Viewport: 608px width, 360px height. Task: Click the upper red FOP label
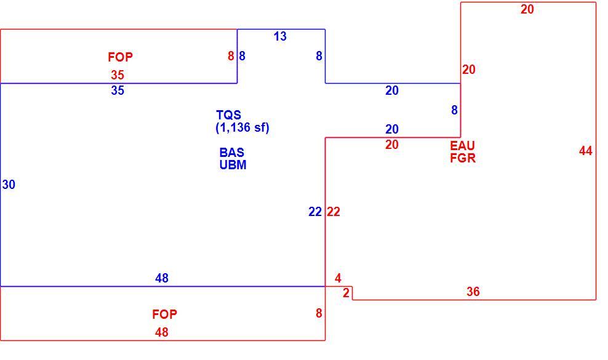[120, 57]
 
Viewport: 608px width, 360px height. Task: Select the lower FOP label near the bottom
[164, 314]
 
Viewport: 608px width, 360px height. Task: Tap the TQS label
[228, 115]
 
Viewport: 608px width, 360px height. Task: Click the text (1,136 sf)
[242, 127]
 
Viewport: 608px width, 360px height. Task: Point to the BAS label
[231, 152]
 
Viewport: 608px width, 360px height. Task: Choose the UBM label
[233, 165]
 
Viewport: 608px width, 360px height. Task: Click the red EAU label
[462, 145]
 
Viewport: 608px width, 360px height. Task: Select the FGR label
[463, 158]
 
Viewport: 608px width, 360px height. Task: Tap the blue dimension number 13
[280, 36]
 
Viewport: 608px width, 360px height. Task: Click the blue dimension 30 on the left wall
[9, 185]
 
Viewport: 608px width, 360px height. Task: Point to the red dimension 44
[585, 151]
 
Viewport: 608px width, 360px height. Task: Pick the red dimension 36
[473, 292]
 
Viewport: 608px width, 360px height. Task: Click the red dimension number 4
[338, 278]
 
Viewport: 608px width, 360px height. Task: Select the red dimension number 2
[346, 293]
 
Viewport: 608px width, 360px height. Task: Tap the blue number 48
[162, 278]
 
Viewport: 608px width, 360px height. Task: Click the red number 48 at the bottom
[162, 332]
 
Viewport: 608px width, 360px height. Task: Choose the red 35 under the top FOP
[118, 74]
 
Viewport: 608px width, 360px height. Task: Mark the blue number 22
[315, 212]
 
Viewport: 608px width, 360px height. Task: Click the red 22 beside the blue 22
[334, 212]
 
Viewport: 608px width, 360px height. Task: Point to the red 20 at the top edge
[527, 9]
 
